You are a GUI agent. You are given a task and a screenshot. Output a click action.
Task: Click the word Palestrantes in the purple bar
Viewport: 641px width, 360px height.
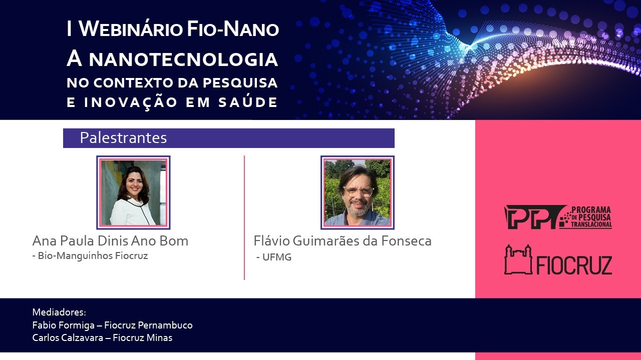tap(123, 138)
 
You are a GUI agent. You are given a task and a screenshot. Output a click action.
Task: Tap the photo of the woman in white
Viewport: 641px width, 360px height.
tap(133, 192)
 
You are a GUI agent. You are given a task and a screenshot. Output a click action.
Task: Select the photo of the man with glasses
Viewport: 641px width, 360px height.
tap(357, 192)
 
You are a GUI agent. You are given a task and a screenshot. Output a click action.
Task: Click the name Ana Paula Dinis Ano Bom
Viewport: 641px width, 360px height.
tap(110, 241)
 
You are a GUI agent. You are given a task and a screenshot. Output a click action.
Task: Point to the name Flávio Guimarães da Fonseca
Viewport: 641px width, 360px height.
tap(343, 241)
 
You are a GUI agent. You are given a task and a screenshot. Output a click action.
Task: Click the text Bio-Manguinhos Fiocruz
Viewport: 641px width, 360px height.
tap(93, 256)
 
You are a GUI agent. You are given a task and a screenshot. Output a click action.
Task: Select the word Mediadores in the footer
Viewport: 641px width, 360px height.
tap(59, 312)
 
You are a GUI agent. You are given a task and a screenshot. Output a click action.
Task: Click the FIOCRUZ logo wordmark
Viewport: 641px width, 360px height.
tap(574, 265)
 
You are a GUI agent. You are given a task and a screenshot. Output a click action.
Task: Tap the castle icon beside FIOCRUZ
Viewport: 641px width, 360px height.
tap(518, 260)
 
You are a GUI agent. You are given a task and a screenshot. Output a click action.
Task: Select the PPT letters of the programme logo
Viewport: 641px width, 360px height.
tap(531, 217)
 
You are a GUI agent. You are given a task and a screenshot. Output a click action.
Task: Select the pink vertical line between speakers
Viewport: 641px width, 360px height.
tap(244, 217)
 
